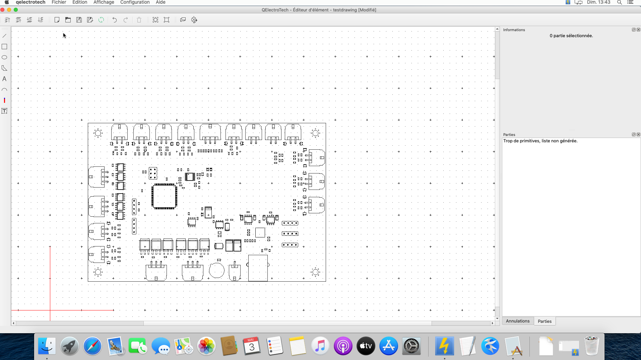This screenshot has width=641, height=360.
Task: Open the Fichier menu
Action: (x=59, y=2)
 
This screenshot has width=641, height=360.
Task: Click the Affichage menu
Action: (x=104, y=2)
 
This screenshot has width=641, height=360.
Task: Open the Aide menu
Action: (x=161, y=2)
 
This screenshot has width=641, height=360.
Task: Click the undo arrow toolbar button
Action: (x=115, y=20)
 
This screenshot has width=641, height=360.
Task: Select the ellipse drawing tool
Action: (x=4, y=57)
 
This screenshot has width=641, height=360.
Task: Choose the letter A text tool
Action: (x=4, y=79)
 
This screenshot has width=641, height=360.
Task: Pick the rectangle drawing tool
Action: (x=4, y=47)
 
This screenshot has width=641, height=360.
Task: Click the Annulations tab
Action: (x=517, y=321)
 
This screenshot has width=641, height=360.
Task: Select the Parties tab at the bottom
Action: (x=544, y=321)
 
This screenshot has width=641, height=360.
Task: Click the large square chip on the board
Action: (x=164, y=197)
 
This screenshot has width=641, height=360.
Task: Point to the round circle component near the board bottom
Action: (x=216, y=271)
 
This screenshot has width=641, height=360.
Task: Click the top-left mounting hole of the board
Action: (x=98, y=133)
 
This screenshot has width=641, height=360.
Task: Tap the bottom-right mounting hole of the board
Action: (x=315, y=272)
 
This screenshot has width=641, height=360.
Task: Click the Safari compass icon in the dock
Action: (x=92, y=346)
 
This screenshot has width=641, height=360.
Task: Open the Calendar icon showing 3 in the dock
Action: (x=252, y=346)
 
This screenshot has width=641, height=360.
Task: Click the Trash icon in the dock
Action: (x=591, y=346)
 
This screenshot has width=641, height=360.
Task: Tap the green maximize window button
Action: (x=16, y=10)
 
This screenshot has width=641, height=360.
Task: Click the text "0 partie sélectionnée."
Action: (x=571, y=36)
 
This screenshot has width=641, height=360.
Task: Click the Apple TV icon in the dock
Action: (x=366, y=346)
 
